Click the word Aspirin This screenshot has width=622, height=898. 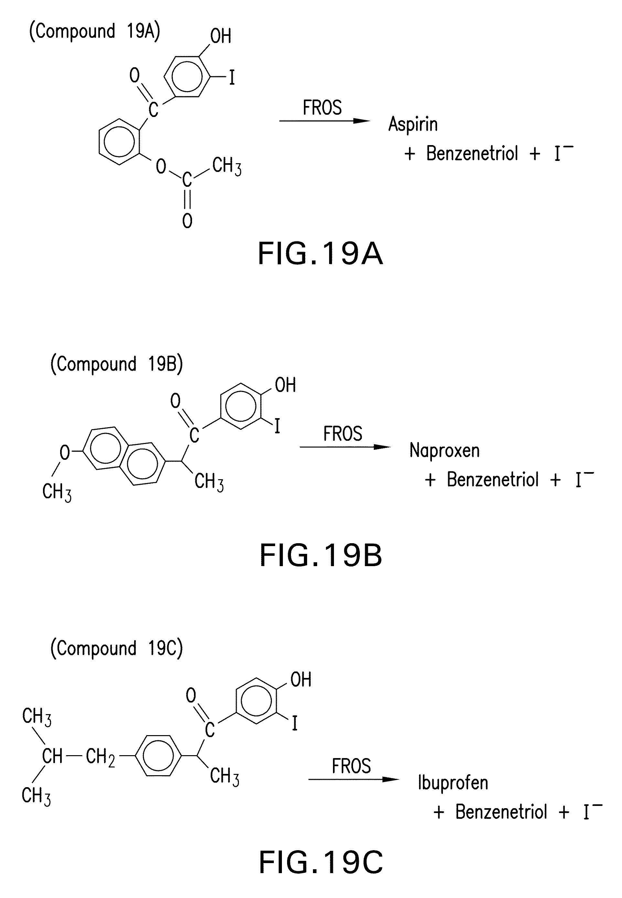point(413,124)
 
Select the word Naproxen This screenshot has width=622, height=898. point(444,451)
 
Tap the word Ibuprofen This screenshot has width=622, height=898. point(453,783)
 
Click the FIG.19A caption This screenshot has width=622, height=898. point(320,254)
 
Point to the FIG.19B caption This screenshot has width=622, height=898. point(321,555)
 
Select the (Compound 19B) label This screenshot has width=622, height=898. point(116,364)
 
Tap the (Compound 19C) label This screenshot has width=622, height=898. point(116,649)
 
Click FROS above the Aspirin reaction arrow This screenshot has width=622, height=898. point(322,108)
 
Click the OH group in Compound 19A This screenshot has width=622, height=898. point(220,36)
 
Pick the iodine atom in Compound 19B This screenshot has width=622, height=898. point(277,426)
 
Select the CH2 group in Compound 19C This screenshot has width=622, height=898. point(100,757)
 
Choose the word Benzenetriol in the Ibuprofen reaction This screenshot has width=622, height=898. point(501,812)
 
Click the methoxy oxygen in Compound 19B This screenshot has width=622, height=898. point(64,452)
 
